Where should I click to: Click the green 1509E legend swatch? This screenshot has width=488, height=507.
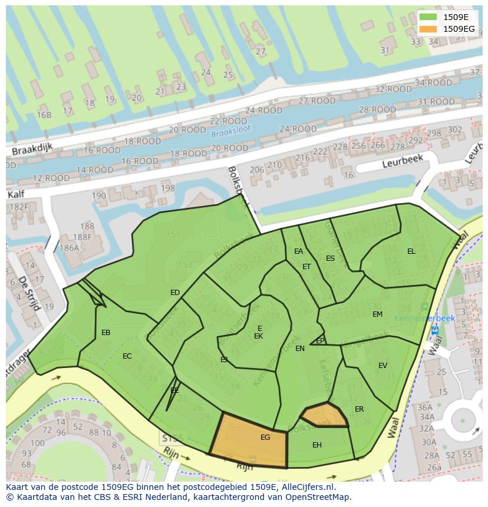(428, 17)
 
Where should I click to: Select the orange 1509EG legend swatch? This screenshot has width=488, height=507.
(428, 28)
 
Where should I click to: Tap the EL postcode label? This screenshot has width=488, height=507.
(411, 251)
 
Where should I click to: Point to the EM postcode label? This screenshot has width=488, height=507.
(377, 314)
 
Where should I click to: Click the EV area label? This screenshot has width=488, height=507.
(383, 366)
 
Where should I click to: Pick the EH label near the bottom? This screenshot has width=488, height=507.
(317, 445)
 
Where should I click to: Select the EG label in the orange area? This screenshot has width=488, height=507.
(265, 438)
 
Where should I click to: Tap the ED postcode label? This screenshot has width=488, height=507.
(175, 293)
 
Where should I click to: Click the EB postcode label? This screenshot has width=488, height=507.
(106, 333)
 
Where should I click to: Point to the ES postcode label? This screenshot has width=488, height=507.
(330, 259)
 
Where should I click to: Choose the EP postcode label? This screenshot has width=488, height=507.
(320, 341)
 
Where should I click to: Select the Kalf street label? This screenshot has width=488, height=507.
(18, 194)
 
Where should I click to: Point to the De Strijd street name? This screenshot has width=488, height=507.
(28, 293)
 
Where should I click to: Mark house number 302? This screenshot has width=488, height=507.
(455, 130)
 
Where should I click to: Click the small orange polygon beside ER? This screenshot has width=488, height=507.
(324, 415)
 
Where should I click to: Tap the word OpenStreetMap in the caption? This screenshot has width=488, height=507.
(316, 497)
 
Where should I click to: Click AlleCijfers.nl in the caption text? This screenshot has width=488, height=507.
(306, 487)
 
